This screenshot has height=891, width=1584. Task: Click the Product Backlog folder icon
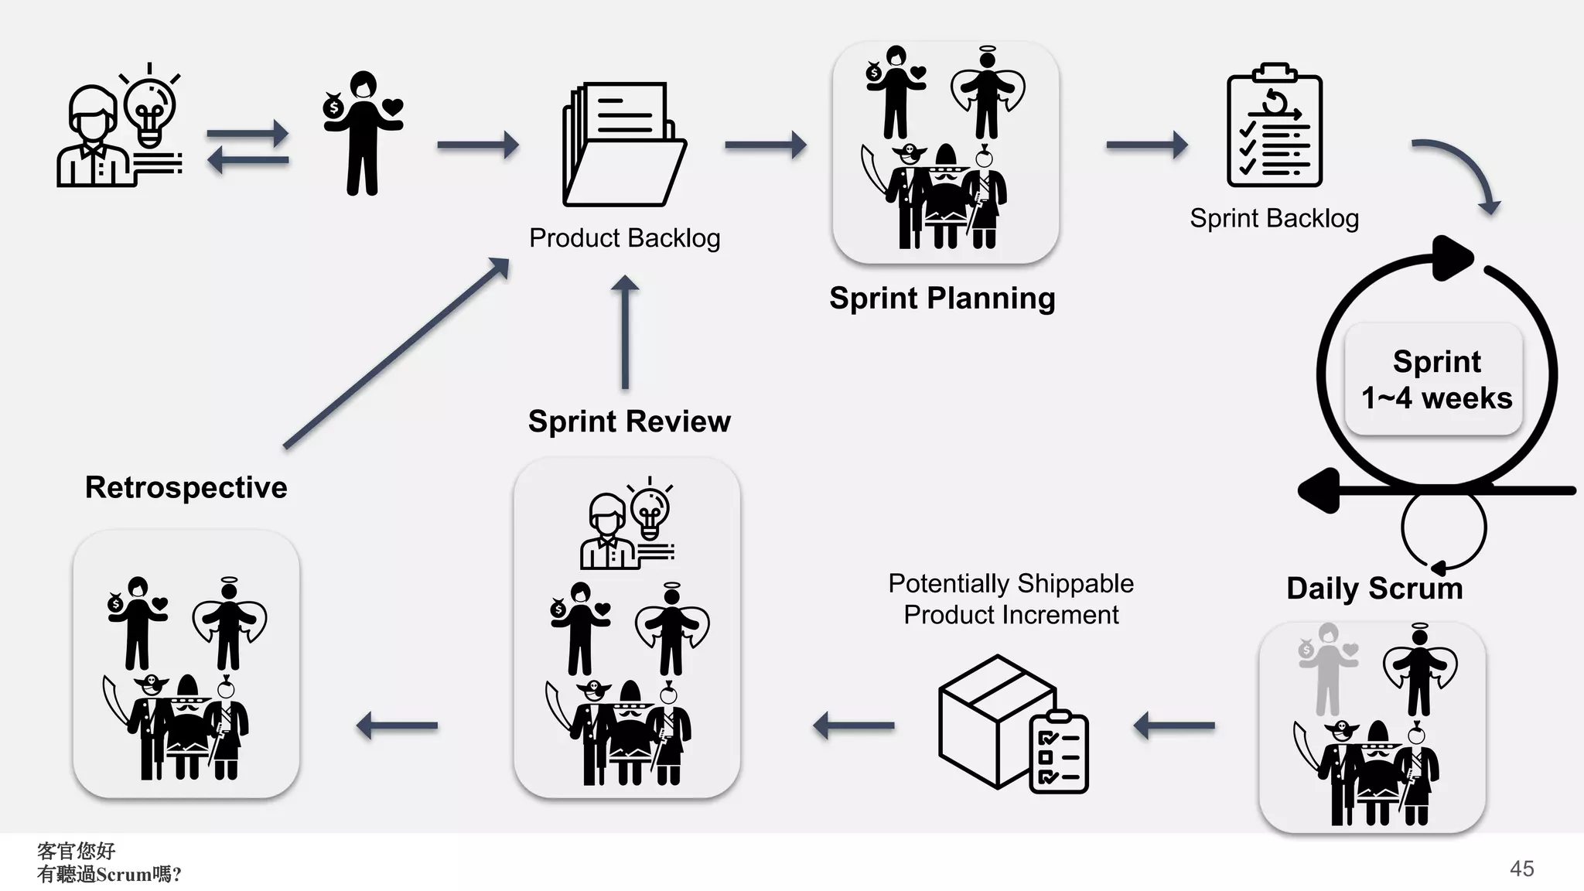point(624,144)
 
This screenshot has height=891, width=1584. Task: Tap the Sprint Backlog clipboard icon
point(1275,125)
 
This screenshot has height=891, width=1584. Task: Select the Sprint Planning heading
point(942,299)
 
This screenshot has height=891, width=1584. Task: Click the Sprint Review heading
point(629,422)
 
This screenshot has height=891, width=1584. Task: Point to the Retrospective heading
point(186,488)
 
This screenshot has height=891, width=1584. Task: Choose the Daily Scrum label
point(1374,589)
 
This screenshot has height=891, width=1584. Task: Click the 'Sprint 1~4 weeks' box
point(1435,379)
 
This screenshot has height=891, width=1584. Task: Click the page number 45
point(1521,869)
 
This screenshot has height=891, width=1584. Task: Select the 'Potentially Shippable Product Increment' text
point(1011,599)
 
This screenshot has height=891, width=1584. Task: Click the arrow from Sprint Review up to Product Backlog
point(625,333)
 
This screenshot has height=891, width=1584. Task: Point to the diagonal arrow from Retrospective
point(396,353)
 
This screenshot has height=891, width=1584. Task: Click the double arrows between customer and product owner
point(247,147)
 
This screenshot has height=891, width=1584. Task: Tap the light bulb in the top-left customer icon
point(150,108)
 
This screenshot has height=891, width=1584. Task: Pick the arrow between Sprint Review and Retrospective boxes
point(397,725)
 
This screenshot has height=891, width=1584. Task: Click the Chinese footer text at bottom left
point(108,863)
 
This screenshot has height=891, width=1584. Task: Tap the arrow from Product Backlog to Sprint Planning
point(766,145)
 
